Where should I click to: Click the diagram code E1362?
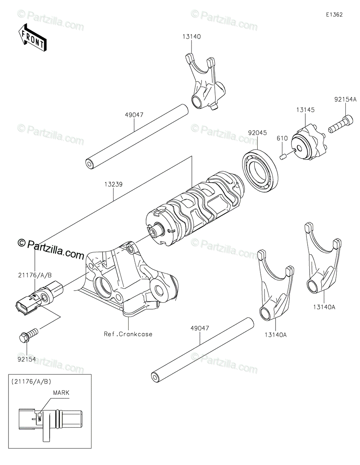click(x=334, y=15)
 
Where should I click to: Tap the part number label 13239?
click(x=113, y=185)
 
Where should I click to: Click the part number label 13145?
click(x=306, y=110)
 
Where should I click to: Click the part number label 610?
click(x=282, y=138)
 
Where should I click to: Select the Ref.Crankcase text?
click(x=128, y=334)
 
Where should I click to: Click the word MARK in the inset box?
click(x=61, y=393)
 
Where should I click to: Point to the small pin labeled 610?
click(x=283, y=156)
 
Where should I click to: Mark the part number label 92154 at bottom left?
click(x=27, y=360)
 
